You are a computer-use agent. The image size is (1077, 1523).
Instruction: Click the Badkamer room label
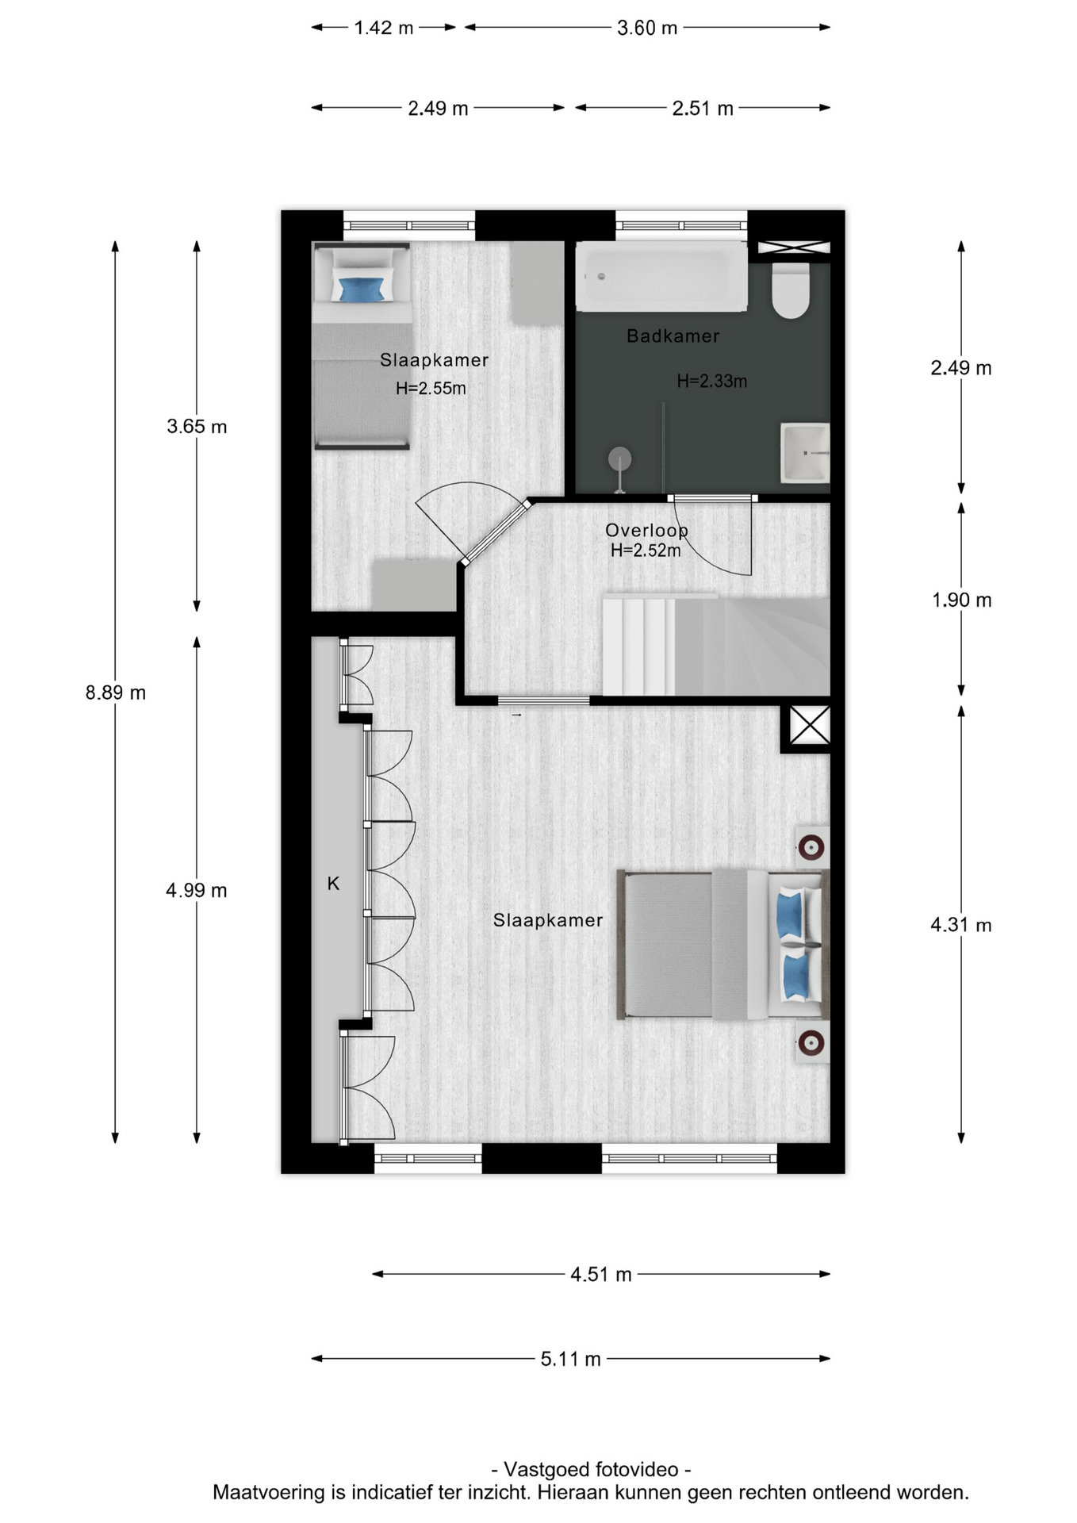tap(673, 336)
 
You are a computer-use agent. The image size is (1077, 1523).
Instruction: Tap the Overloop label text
tap(646, 531)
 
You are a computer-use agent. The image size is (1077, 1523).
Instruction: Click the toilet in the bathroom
tap(791, 290)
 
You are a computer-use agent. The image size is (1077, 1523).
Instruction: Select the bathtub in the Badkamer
tap(661, 277)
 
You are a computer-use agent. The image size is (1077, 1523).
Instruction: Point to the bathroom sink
tap(805, 453)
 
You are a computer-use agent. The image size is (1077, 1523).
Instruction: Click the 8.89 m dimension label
tap(116, 692)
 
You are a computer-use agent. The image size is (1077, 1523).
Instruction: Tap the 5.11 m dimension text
tap(570, 1359)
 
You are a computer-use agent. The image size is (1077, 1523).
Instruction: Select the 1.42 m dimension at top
tap(384, 28)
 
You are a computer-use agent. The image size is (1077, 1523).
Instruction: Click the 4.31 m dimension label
tap(961, 925)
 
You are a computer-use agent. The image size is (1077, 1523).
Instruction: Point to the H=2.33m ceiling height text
tap(711, 382)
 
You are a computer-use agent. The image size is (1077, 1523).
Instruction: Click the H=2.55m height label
tap(431, 389)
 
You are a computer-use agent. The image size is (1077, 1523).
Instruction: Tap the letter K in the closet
tap(333, 884)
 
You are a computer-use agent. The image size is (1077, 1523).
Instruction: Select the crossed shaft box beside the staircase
tap(810, 725)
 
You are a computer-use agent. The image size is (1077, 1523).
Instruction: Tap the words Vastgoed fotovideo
tap(591, 1469)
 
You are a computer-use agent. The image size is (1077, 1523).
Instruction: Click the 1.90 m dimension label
tap(961, 600)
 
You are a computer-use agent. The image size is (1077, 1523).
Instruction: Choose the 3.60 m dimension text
tap(647, 28)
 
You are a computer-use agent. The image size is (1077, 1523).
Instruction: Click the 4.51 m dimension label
tap(601, 1275)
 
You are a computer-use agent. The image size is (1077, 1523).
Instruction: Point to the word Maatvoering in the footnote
tap(270, 1492)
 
